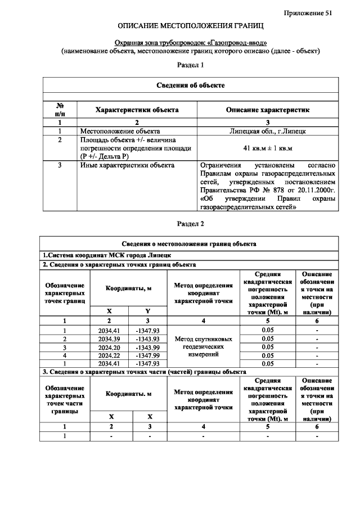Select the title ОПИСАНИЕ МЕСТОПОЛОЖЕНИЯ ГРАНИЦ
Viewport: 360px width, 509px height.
tap(190, 26)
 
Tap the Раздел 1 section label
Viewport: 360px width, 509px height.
tap(190, 65)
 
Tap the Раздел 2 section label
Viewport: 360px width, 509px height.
tap(190, 223)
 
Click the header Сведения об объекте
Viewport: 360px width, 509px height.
tap(190, 85)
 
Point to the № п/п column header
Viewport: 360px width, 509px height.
tap(60, 110)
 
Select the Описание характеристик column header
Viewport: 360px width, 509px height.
tap(267, 110)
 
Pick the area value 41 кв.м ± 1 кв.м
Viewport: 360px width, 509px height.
tap(267, 147)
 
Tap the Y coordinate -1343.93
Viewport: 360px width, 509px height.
tap(148, 339)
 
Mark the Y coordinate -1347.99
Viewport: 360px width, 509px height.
tap(148, 355)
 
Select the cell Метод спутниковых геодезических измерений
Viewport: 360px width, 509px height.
tap(203, 347)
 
